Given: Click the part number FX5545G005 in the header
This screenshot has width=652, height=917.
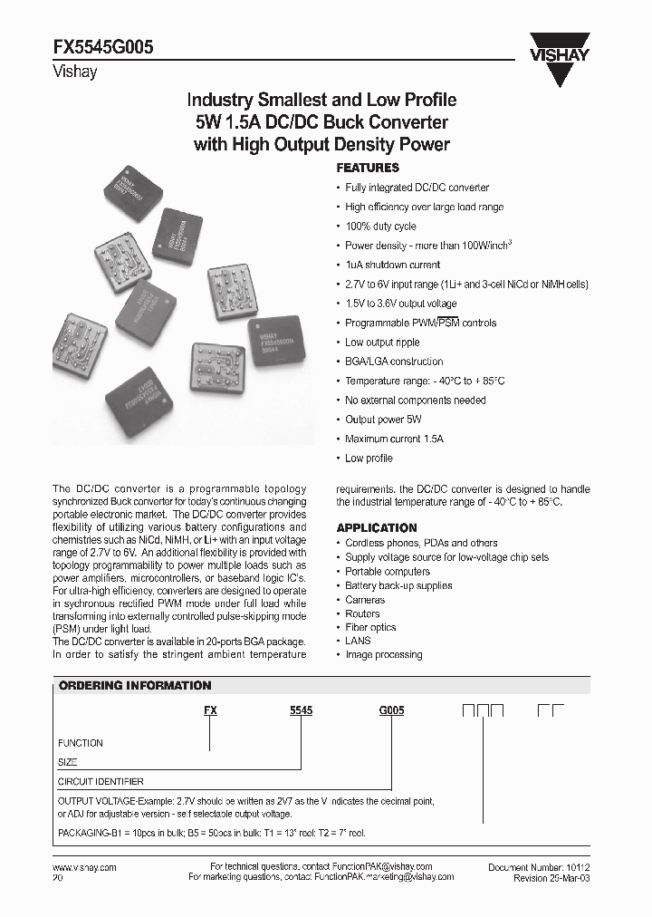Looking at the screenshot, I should (x=105, y=52).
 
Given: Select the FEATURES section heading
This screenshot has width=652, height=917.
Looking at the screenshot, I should (x=368, y=168).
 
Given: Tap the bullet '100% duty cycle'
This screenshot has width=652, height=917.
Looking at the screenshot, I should (x=380, y=227).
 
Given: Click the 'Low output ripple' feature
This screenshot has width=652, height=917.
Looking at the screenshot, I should (x=382, y=343).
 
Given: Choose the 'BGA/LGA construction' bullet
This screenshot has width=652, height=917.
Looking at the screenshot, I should (x=394, y=362).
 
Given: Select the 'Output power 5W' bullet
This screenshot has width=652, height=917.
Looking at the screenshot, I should (x=383, y=420).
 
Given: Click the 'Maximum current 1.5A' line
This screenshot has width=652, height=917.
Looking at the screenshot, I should (x=394, y=439).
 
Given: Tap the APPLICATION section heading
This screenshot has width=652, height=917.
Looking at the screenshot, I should (x=377, y=527).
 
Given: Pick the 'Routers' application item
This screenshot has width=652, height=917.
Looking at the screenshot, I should (x=362, y=613).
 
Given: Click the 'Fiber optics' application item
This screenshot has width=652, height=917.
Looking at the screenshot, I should (x=369, y=627).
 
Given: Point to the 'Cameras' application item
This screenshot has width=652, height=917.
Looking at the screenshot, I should (x=365, y=600).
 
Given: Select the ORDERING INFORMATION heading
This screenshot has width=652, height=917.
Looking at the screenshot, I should (x=135, y=686).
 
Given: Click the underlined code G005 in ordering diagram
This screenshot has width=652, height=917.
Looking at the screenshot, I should (x=391, y=712).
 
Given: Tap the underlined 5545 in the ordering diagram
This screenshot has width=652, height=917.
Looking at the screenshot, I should (x=301, y=712).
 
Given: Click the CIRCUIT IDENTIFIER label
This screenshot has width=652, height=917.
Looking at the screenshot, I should (x=101, y=781).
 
